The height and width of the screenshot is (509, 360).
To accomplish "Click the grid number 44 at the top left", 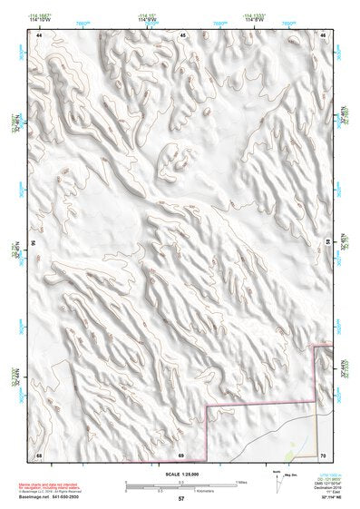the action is point(39,34).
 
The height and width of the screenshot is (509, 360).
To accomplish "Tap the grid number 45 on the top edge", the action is point(182,34).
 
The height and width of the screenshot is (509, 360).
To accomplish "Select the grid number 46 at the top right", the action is point(324,34).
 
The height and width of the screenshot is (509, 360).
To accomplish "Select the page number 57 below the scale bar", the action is point(181,498).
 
